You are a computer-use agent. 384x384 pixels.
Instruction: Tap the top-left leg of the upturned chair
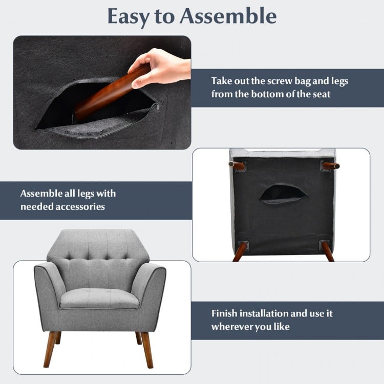(237, 165)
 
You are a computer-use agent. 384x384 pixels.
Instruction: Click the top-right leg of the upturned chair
(330, 165)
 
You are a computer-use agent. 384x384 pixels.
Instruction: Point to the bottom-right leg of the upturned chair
(327, 250)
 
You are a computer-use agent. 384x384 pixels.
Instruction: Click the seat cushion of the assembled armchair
(99, 297)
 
